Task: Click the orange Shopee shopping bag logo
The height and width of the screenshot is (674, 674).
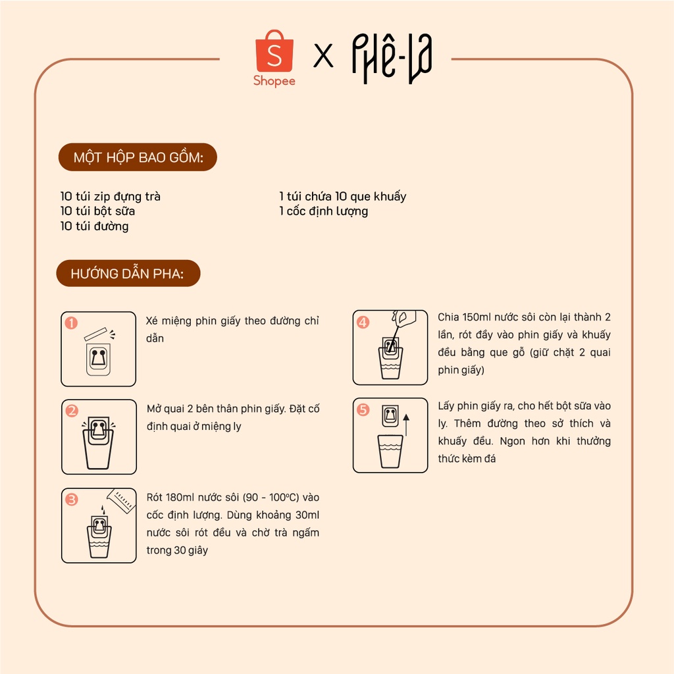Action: pyautogui.click(x=274, y=51)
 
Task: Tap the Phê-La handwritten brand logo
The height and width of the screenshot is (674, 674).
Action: pyautogui.click(x=392, y=59)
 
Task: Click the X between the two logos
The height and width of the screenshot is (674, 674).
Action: pyautogui.click(x=323, y=56)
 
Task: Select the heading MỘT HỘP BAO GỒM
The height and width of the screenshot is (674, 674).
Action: pyautogui.click(x=138, y=157)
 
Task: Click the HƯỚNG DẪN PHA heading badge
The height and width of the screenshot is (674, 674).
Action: pyautogui.click(x=128, y=273)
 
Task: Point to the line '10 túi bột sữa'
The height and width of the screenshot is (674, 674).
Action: pyautogui.click(x=97, y=211)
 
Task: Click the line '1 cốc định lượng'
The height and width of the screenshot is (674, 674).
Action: pyautogui.click(x=323, y=211)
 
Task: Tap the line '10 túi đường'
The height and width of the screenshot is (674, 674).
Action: pyautogui.click(x=95, y=226)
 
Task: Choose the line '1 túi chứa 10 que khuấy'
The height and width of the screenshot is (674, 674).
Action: pyautogui.click(x=342, y=196)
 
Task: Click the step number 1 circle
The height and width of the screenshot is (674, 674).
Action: pyautogui.click(x=71, y=323)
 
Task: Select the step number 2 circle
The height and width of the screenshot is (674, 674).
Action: pyautogui.click(x=72, y=411)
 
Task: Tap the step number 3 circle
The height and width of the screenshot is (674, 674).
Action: pyautogui.click(x=71, y=500)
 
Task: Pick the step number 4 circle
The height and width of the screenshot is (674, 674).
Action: pyautogui.click(x=363, y=322)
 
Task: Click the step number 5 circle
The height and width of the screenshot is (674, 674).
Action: pyautogui.click(x=363, y=409)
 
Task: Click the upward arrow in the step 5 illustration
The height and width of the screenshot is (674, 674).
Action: pyautogui.click(x=406, y=425)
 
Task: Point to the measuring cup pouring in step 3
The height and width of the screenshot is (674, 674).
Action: pyautogui.click(x=122, y=500)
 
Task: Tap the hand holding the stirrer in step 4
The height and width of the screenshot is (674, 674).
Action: pyautogui.click(x=403, y=318)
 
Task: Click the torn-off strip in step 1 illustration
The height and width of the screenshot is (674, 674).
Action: pyautogui.click(x=95, y=334)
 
